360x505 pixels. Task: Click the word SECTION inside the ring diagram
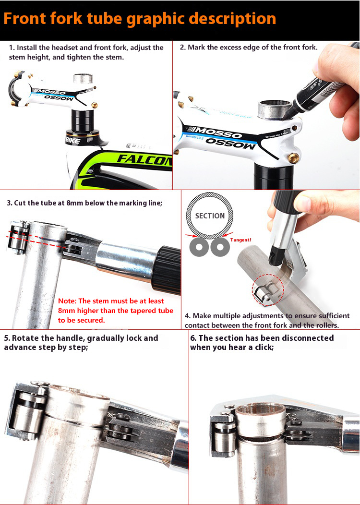(210, 216)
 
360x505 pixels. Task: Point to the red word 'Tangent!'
(240, 240)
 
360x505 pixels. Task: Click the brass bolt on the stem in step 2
(293, 157)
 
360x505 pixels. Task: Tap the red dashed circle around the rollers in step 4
(267, 290)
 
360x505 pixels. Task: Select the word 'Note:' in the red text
(67, 301)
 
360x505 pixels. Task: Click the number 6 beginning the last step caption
(192, 338)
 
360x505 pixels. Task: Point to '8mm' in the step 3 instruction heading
(75, 203)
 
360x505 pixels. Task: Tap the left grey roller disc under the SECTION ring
(199, 247)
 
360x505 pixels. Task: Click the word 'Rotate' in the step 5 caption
(24, 338)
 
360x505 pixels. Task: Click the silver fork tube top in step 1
(83, 78)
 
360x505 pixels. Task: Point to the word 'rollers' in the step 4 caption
(326, 325)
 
